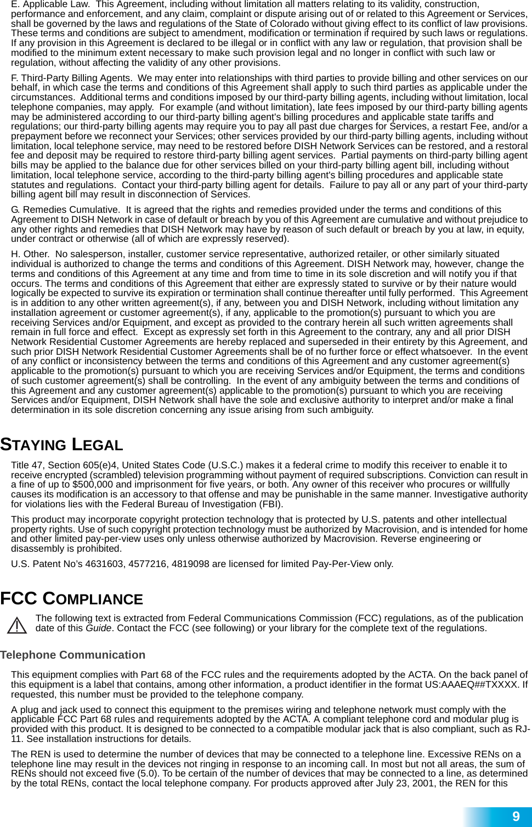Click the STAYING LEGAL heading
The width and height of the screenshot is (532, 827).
(x=61, y=445)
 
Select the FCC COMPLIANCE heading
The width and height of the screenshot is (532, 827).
(x=71, y=599)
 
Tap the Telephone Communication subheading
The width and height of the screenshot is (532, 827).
(x=73, y=655)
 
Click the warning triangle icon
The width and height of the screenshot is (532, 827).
(x=18, y=625)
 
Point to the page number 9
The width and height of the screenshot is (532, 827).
(x=516, y=817)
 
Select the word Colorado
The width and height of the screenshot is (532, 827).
(x=268, y=24)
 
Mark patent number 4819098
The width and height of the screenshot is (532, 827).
(x=190, y=564)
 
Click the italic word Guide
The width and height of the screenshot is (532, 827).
(x=98, y=628)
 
